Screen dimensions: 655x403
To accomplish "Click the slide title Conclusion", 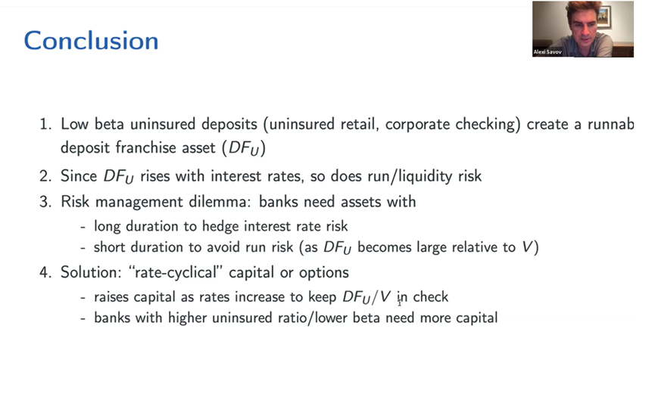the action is pos(91,41).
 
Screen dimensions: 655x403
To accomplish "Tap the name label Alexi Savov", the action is pos(547,52).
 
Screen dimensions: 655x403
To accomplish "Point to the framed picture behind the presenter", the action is pos(604,17).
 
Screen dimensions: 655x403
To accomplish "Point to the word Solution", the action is pos(91,272).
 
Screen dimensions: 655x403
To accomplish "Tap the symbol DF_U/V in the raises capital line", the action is pos(366,297).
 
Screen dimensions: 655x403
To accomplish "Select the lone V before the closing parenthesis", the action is pos(527,247).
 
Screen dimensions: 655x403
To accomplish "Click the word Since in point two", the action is pos(79,176).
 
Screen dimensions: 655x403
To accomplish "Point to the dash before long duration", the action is pos(83,228).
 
